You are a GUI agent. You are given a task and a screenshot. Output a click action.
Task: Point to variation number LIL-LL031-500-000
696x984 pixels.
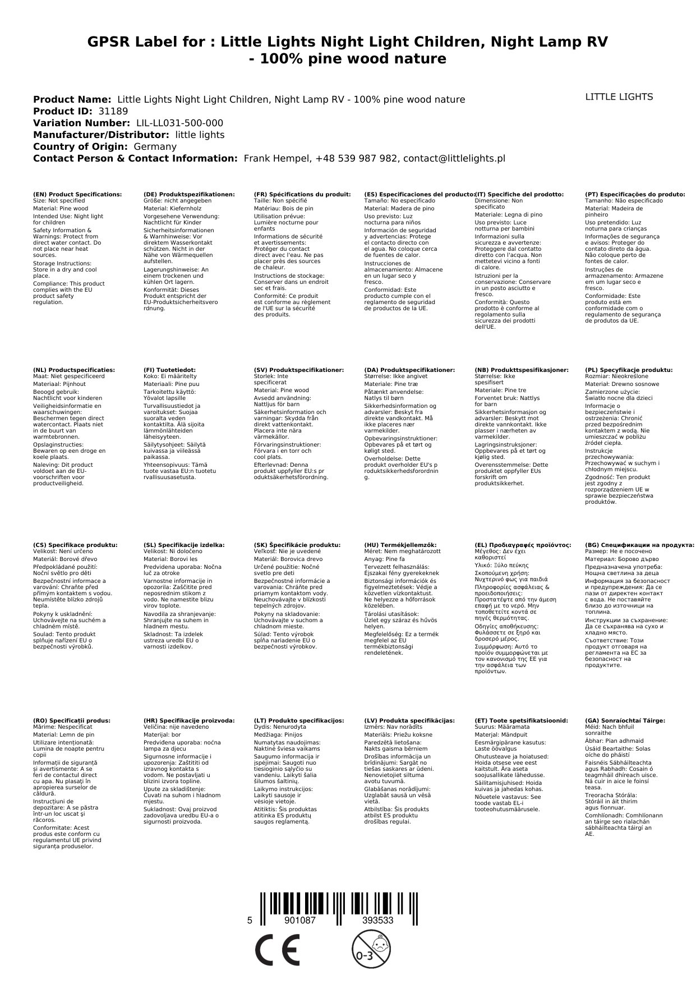coord(179,123)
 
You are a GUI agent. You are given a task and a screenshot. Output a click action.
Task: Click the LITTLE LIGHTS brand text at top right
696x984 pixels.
coord(619,97)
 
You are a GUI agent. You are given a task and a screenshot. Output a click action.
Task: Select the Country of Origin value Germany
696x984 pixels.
coord(155,146)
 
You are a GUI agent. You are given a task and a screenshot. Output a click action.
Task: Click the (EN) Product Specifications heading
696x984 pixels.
coord(77,194)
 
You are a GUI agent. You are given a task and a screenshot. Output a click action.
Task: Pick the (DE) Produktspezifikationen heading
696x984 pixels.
coord(189,194)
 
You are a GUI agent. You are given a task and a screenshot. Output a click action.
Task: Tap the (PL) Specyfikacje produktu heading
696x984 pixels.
coord(629,370)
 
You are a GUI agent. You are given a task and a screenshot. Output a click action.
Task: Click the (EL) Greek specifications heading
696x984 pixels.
coord(523,545)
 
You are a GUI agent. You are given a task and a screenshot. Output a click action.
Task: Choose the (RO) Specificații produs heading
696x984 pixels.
coord(72,720)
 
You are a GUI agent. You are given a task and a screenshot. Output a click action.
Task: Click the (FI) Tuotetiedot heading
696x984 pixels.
coord(169,370)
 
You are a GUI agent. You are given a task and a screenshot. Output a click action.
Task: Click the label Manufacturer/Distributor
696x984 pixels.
coord(101,135)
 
